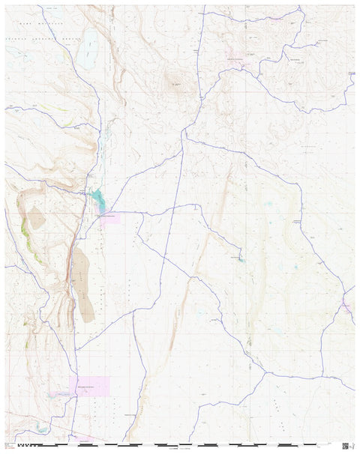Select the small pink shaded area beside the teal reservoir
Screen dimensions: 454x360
(x=109, y=216)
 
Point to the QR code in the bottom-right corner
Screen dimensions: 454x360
(x=346, y=446)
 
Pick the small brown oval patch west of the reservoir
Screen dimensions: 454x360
(x=36, y=218)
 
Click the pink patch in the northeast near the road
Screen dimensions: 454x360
(x=238, y=60)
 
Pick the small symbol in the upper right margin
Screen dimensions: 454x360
(x=353, y=73)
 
